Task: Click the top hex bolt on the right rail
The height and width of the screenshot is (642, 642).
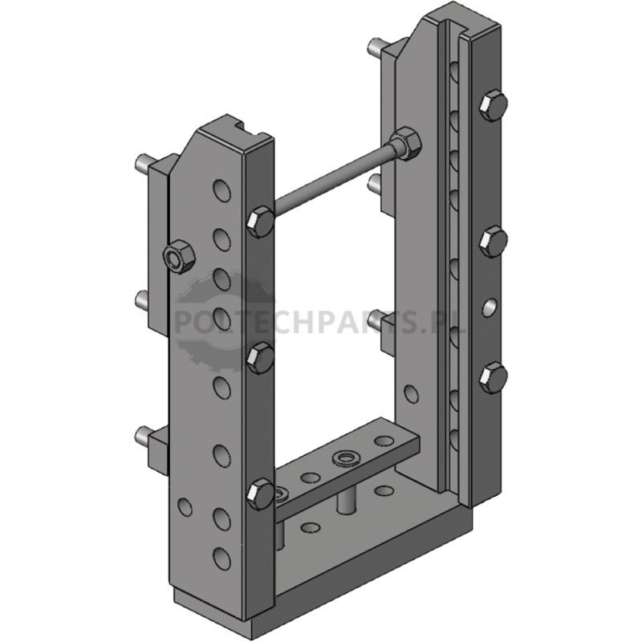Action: coord(494,105)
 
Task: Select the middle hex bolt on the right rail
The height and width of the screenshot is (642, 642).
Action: coord(494,242)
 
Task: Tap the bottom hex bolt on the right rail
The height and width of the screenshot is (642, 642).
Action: coord(494,377)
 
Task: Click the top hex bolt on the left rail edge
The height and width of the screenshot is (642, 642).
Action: coord(261,222)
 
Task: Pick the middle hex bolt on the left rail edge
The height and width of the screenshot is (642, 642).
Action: coord(261,359)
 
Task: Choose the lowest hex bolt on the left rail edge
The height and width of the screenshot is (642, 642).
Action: coord(261,494)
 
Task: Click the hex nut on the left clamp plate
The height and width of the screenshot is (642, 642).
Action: coord(179,258)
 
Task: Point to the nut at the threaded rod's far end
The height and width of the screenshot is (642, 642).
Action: coord(405,144)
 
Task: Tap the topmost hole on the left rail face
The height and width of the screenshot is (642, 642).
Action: coord(222,190)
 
